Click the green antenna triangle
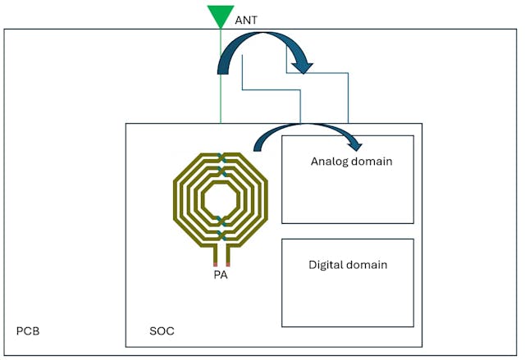coord(220,15)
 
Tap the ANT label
coord(246,19)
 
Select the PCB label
coord(28,331)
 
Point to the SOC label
coord(162,331)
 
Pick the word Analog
coord(330,162)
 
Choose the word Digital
coord(327,265)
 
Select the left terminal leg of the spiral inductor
coord(215,257)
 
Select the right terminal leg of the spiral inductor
coord(227,257)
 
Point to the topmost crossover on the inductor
coord(221,157)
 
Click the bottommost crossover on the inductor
coord(221,236)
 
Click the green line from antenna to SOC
coord(220,82)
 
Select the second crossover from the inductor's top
coord(221,171)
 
